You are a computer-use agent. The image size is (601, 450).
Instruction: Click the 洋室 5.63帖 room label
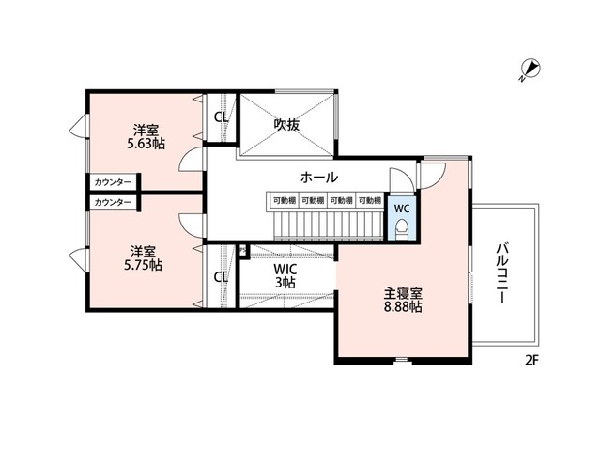[145, 137]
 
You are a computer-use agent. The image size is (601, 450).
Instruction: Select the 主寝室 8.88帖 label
[401, 299]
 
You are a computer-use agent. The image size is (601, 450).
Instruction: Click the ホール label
[319, 178]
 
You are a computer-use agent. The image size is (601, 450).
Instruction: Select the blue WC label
[400, 208]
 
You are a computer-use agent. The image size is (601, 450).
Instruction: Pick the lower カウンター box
[114, 202]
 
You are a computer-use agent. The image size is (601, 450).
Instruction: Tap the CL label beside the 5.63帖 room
[221, 117]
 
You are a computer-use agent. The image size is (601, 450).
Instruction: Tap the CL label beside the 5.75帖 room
[221, 276]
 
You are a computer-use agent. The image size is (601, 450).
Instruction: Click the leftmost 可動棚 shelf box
[284, 200]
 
